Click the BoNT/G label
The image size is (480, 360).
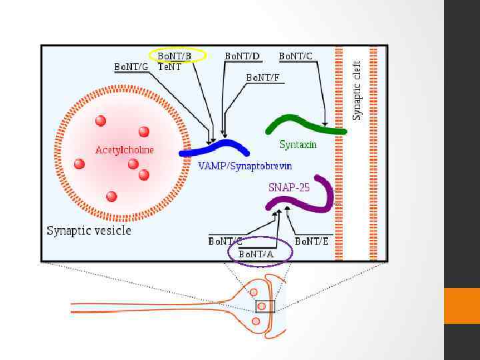click(x=131, y=67)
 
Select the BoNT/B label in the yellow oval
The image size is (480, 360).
click(x=174, y=56)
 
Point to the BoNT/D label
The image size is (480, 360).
click(x=243, y=56)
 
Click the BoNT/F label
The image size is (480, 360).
click(x=263, y=77)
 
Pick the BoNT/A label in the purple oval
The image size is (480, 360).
click(x=257, y=253)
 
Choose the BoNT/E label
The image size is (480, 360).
click(x=311, y=241)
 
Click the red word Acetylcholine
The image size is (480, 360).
click(x=125, y=150)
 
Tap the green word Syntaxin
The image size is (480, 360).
click(x=298, y=144)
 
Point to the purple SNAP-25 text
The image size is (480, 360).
click(x=289, y=188)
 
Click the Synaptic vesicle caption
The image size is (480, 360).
click(x=89, y=231)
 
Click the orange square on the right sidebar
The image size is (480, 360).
click(x=461, y=306)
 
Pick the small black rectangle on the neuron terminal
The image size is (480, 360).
click(x=265, y=306)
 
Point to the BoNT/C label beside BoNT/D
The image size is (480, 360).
click(x=295, y=56)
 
